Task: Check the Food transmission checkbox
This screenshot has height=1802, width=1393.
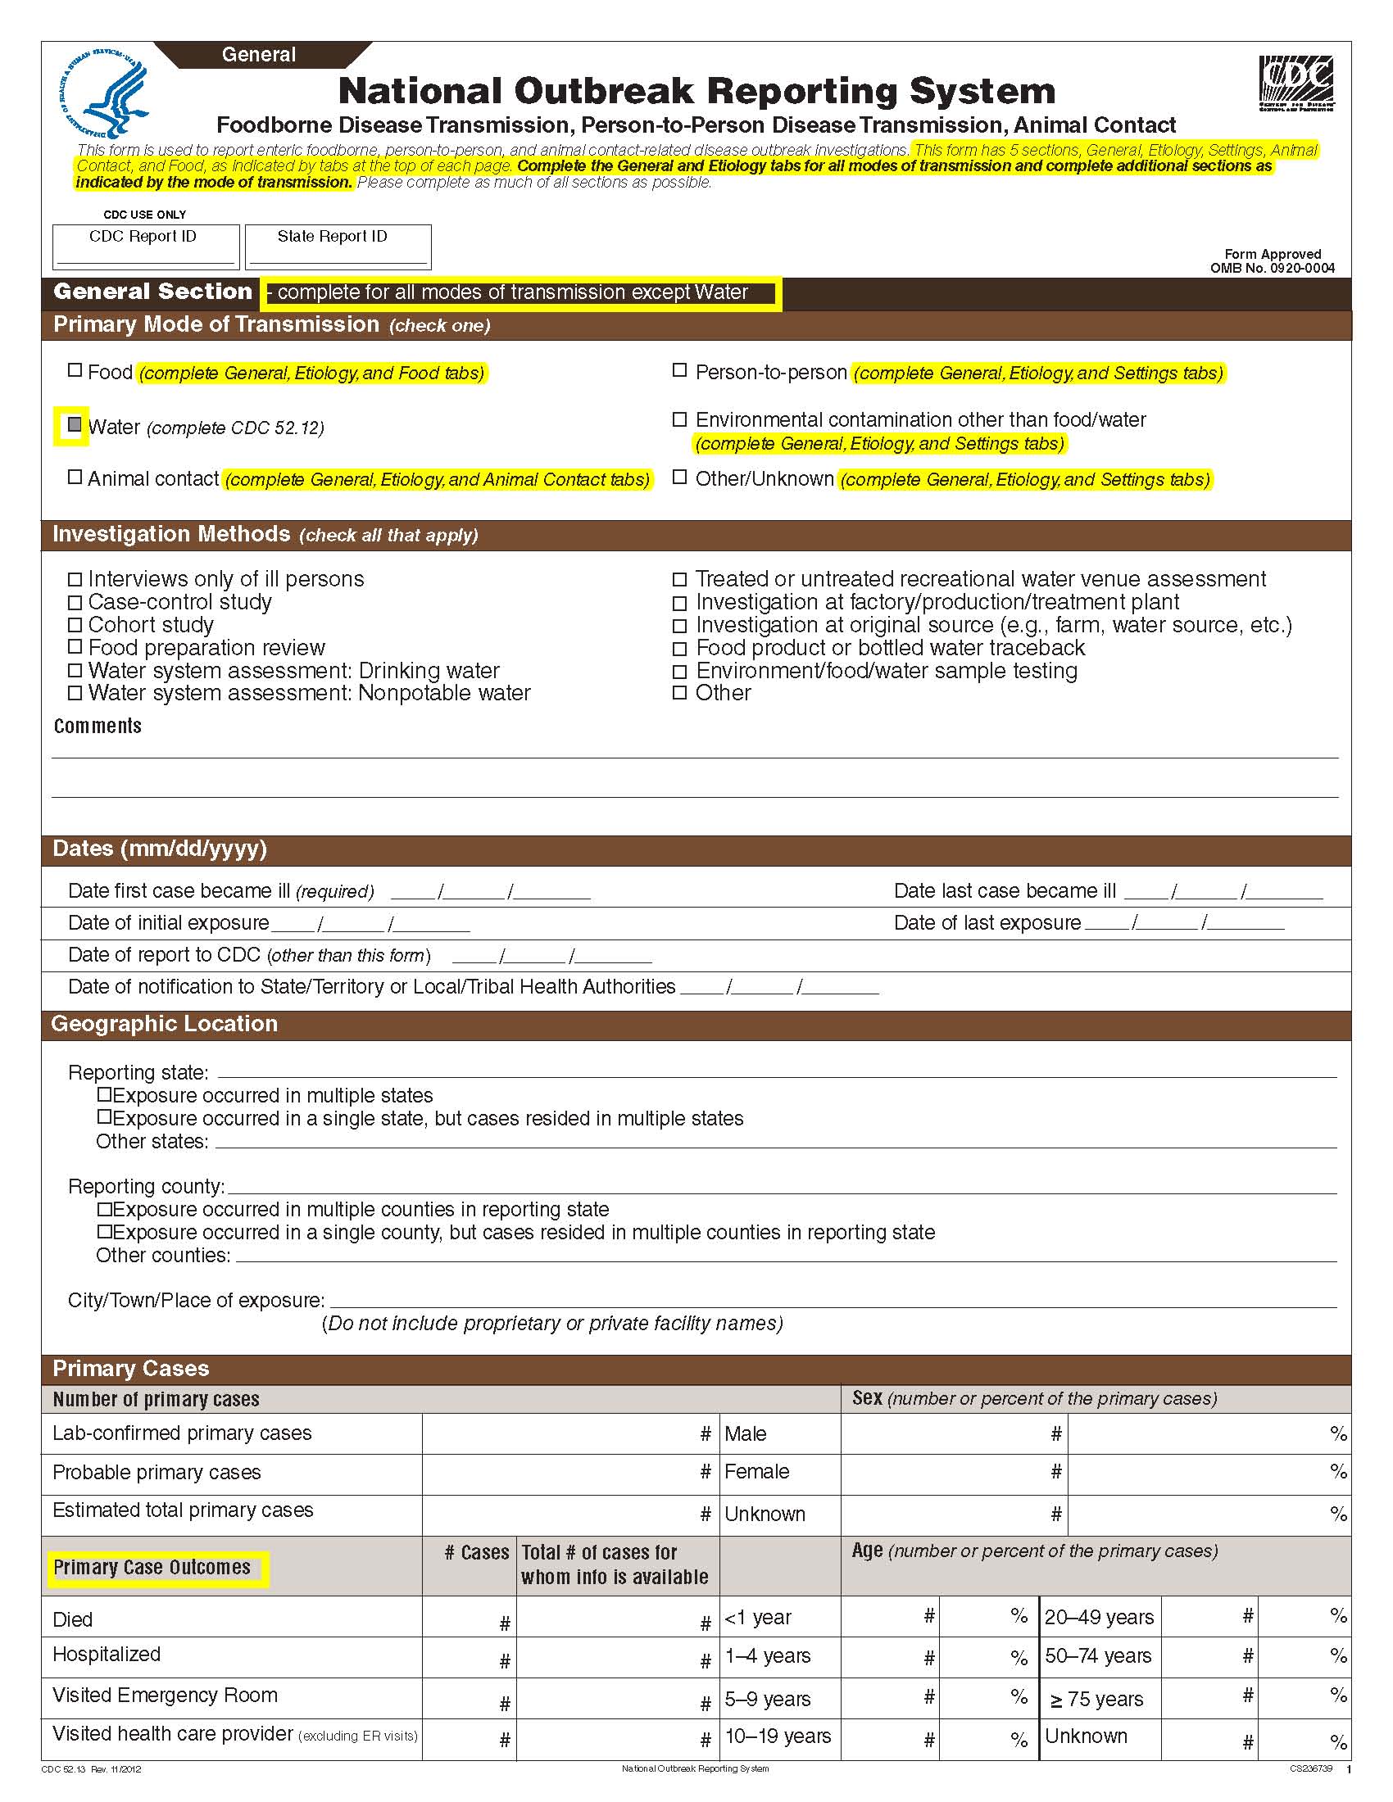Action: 75,370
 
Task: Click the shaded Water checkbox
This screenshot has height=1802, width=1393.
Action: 75,425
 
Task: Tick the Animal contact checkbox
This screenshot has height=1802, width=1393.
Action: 75,477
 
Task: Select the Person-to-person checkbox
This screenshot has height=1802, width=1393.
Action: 679,370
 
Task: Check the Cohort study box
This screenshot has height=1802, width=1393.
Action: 75,625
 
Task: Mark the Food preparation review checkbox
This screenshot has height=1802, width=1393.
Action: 75,647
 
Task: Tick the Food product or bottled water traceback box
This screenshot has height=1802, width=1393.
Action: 679,649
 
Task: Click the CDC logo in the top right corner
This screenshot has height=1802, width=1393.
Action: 1295,83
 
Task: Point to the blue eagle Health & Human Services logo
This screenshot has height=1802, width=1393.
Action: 105,92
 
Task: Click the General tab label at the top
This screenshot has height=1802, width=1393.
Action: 259,54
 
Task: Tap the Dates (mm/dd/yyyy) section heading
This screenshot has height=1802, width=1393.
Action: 160,849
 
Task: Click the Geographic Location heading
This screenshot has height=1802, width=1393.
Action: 164,1024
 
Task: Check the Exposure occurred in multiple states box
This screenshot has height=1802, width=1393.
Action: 104,1095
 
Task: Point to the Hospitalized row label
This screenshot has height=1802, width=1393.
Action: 107,1655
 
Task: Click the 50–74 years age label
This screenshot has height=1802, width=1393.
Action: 1097,1656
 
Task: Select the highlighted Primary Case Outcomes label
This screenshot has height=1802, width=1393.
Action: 152,1568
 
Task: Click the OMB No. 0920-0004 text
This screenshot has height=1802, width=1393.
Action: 1272,267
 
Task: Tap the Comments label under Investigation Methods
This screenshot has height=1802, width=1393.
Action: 98,726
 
